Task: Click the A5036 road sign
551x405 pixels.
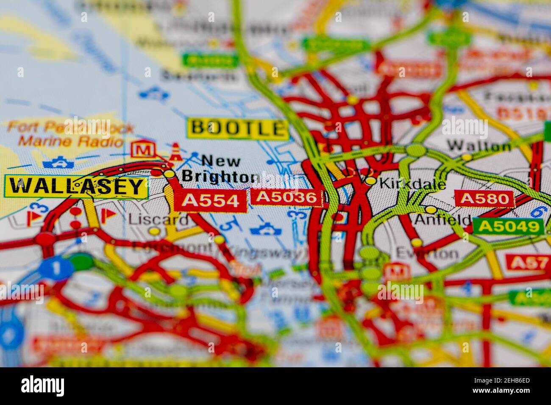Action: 287,197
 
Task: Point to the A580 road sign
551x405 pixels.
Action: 484,198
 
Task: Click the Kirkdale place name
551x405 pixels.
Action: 412,184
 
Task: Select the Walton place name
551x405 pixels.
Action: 479,146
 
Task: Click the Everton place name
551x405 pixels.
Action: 427,254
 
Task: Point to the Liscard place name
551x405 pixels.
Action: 159,219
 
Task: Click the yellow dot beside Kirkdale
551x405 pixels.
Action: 371,181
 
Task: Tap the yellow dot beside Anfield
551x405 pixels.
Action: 431,210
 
